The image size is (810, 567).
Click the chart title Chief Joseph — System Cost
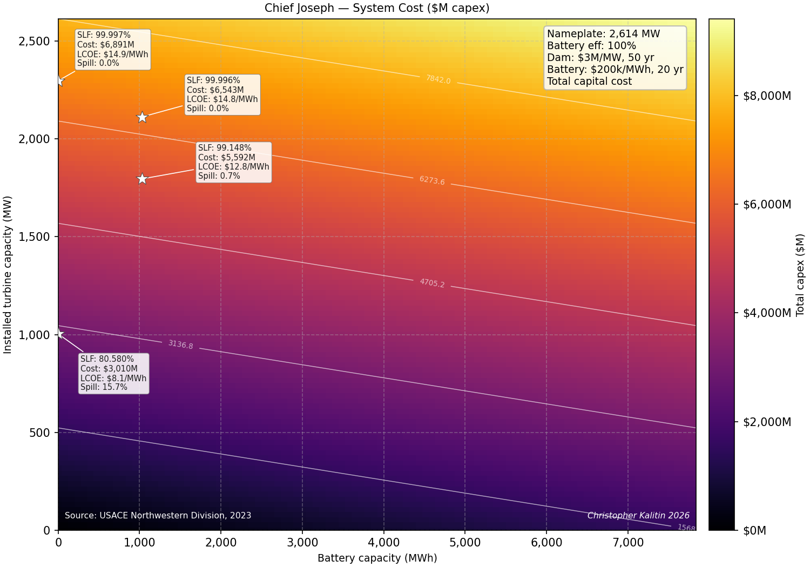click(343, 8)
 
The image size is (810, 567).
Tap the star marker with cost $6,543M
click(142, 117)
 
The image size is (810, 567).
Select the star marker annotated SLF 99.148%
click(142, 179)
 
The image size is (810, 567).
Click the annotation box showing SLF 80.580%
click(113, 373)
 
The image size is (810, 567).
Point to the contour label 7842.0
click(438, 79)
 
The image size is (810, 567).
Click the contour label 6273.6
click(432, 180)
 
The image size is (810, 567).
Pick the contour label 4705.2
click(432, 283)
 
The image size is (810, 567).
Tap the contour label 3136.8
click(180, 345)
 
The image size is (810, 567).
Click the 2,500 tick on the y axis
click(34, 41)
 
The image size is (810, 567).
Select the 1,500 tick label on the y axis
click(34, 237)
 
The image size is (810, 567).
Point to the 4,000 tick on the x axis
click(383, 542)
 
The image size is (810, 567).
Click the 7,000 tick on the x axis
click(627, 542)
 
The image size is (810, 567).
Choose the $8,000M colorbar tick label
click(767, 96)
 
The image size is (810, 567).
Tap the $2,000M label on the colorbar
click(767, 422)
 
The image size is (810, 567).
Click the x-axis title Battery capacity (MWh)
click(377, 558)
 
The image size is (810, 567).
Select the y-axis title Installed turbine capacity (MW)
click(7, 275)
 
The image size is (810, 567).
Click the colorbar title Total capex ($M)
click(800, 275)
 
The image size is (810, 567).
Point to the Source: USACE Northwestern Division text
click(158, 515)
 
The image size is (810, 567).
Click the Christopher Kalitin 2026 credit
click(638, 515)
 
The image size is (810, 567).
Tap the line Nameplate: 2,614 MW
click(603, 33)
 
